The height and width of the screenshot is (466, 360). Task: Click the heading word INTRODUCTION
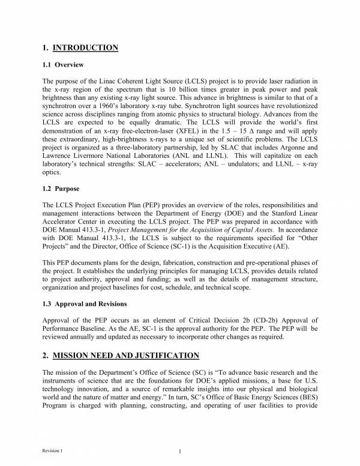(85, 47)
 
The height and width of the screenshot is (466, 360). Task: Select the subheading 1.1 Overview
(63, 65)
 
